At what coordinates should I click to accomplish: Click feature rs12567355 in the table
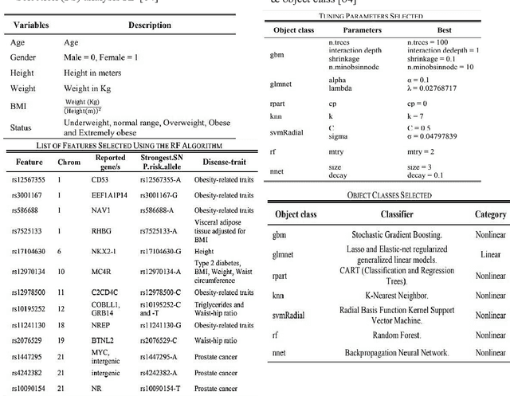click(x=29, y=180)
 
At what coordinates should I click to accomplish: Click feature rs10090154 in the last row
click(x=29, y=388)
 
